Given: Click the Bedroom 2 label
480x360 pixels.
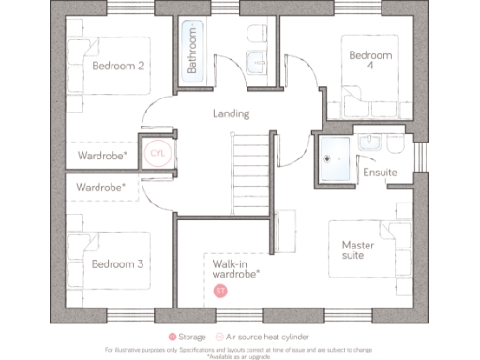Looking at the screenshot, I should coord(118,66).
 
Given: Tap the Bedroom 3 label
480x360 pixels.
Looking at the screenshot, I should coord(118,264).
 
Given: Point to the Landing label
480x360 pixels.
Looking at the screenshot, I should coord(230,114).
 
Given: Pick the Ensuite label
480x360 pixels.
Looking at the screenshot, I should coord(380,172).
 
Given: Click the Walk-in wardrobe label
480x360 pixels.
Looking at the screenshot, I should coord(235,270).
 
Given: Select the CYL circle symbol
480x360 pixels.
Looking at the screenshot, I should coord(157,154).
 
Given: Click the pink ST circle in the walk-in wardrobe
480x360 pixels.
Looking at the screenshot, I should coord(221,292).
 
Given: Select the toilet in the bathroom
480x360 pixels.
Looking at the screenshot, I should coord(253,37).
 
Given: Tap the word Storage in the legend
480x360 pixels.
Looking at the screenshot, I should coord(196,336).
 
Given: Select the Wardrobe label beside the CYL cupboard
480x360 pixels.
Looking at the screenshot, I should coord(102,156).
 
